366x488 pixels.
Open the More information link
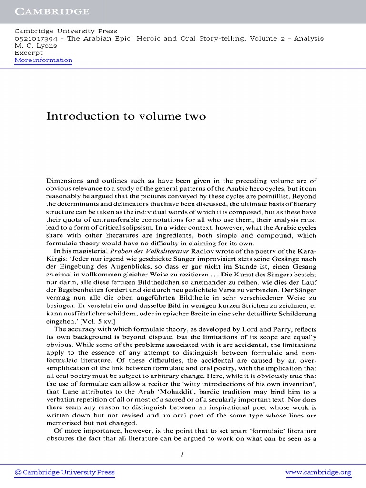point(43,60)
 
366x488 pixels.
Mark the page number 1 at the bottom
point(182,454)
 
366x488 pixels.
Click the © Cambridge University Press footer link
point(65,472)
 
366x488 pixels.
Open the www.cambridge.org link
point(318,472)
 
